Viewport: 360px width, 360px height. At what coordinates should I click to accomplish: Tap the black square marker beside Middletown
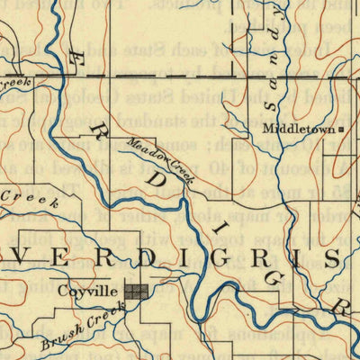[x=341, y=130]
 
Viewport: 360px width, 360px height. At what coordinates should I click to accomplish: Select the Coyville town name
[x=89, y=291]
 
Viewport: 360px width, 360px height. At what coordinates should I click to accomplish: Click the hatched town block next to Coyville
[x=137, y=291]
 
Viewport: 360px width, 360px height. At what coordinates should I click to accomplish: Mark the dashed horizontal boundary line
[x=180, y=76]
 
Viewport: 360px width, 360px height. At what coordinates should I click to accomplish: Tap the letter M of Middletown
[x=268, y=130]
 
